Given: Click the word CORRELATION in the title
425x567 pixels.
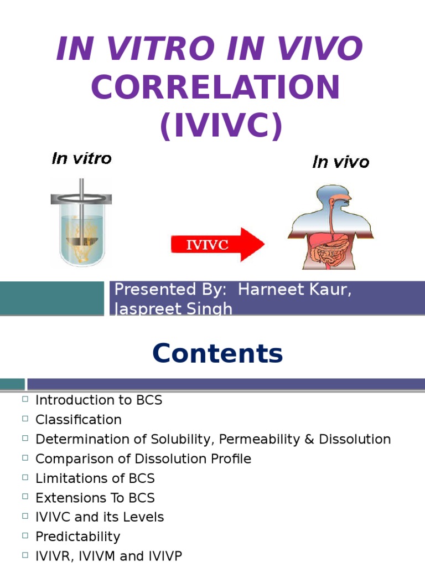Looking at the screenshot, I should pyautogui.click(x=215, y=87).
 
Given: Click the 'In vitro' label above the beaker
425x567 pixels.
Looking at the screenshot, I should pyautogui.click(x=81, y=159).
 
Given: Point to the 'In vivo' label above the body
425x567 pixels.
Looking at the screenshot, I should pyautogui.click(x=340, y=162).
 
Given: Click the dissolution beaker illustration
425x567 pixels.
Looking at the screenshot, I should pyautogui.click(x=81, y=221).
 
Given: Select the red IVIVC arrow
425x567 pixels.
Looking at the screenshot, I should pyautogui.click(x=217, y=245).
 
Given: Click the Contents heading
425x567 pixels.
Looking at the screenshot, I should pyautogui.click(x=217, y=353).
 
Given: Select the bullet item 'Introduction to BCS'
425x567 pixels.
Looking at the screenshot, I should pyautogui.click(x=99, y=400).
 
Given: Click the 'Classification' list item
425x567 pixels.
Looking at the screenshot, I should pyautogui.click(x=78, y=419).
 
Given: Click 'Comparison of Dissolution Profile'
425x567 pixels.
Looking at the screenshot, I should pyautogui.click(x=143, y=458).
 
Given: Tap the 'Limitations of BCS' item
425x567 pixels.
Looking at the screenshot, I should pyautogui.click(x=95, y=478).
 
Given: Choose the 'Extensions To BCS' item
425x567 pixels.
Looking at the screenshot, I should pyautogui.click(x=95, y=497).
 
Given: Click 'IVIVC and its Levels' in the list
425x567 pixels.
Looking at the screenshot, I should pyautogui.click(x=100, y=517).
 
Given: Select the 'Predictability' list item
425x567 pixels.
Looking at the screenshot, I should pyautogui.click(x=77, y=537).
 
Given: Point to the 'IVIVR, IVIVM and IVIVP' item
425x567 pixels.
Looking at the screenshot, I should pyautogui.click(x=108, y=556).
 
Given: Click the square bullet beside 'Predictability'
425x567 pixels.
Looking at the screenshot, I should pyautogui.click(x=25, y=536).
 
